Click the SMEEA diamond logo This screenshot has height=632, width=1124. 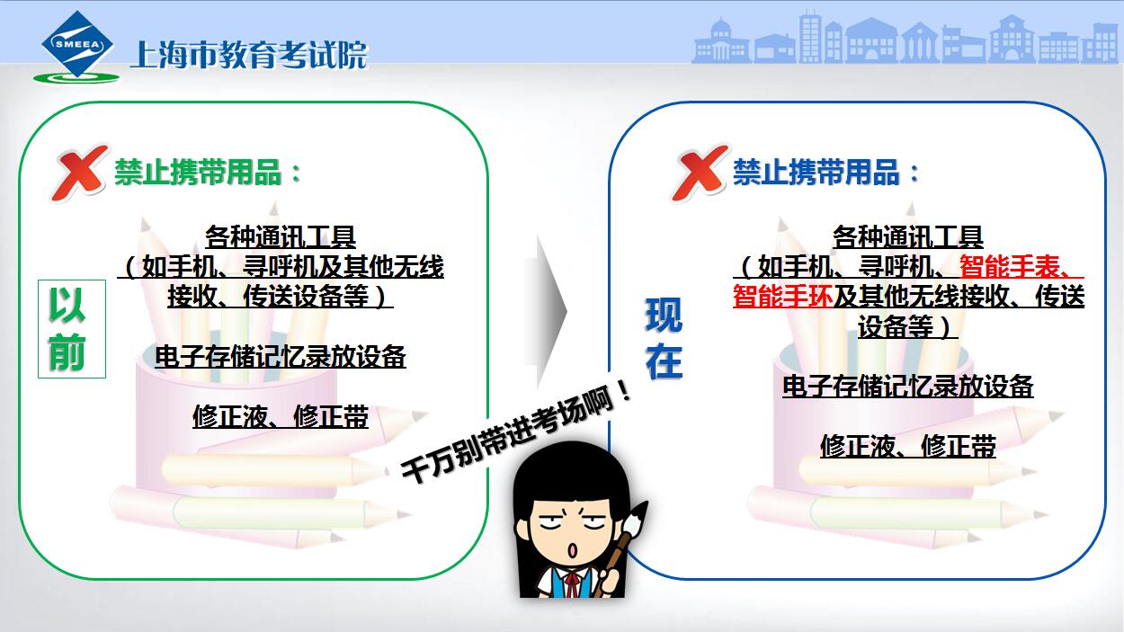(x=77, y=45)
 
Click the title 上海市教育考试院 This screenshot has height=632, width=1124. (x=249, y=54)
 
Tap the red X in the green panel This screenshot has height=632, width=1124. (x=80, y=172)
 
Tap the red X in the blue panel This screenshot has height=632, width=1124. (x=700, y=172)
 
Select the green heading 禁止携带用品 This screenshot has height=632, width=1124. (x=198, y=172)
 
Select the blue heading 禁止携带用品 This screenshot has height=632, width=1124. (x=816, y=172)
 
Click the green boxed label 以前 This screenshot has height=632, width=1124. (x=72, y=328)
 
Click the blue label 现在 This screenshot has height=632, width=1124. (x=664, y=338)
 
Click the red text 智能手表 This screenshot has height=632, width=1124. (x=1009, y=266)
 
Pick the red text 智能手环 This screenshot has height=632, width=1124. (x=783, y=296)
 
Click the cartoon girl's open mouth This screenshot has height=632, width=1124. (x=572, y=549)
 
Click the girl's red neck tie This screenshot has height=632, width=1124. (x=571, y=584)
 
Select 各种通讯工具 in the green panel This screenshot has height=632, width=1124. (x=281, y=236)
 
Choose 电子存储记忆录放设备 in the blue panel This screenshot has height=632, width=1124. (x=907, y=387)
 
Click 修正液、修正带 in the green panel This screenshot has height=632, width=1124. (x=281, y=417)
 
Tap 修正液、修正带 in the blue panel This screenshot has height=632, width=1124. (x=907, y=446)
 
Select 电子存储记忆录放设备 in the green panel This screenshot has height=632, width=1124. (x=281, y=357)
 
